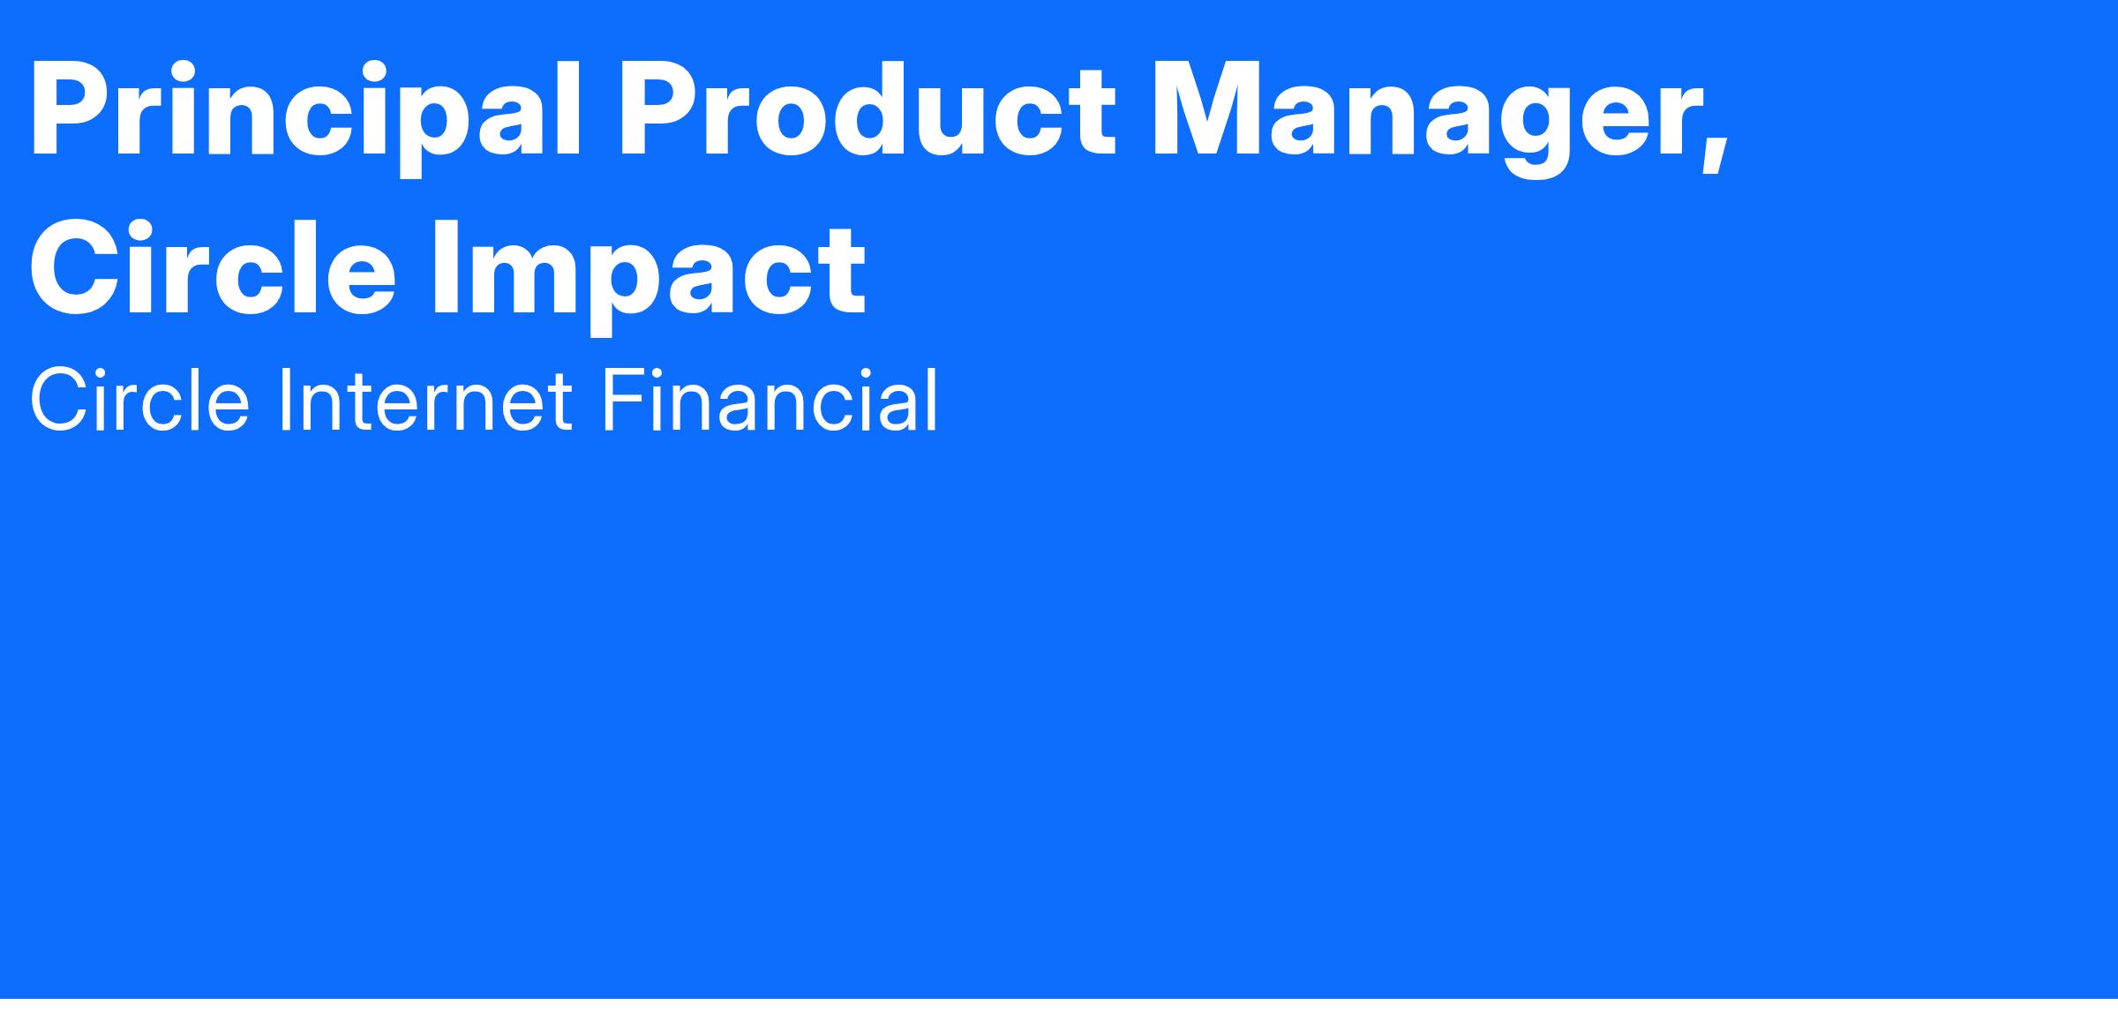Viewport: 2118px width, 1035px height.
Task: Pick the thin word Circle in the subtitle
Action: tap(139, 401)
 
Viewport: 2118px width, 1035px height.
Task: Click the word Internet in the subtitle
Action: tap(425, 401)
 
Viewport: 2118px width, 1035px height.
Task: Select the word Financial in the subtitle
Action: tap(770, 401)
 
